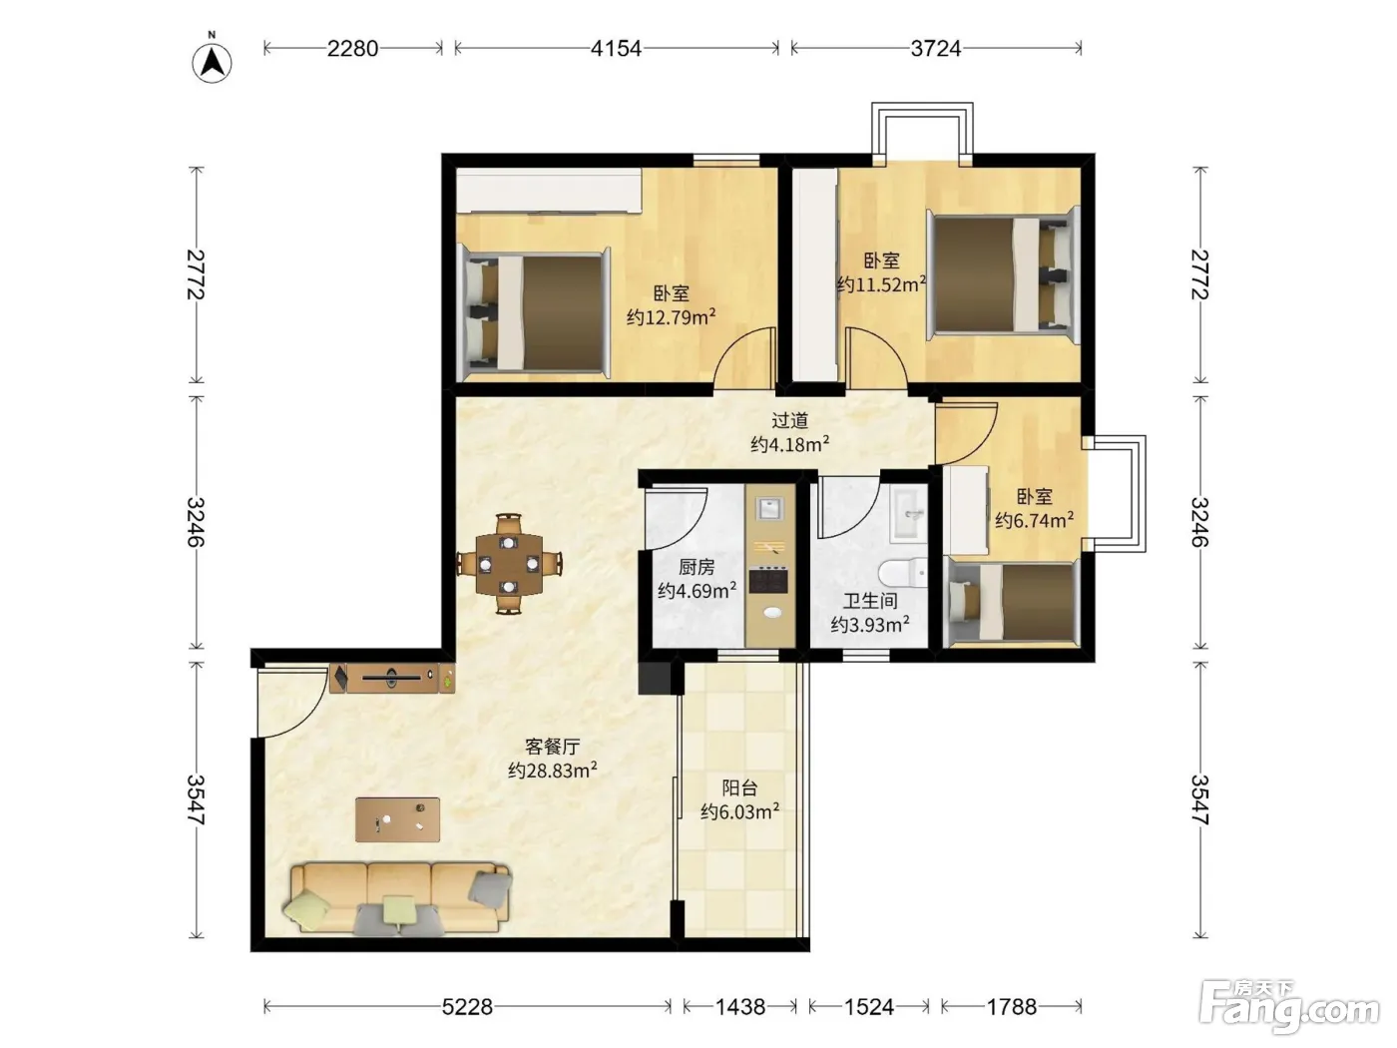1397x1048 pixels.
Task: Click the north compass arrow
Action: click(212, 62)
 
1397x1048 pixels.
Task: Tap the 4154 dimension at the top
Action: click(616, 48)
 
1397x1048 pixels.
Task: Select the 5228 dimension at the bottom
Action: click(467, 1006)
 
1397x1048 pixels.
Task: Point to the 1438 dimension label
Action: click(740, 1006)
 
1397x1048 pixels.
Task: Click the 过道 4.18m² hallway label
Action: click(790, 432)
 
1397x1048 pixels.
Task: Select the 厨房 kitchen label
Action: click(697, 566)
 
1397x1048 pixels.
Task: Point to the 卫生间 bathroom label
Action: click(870, 600)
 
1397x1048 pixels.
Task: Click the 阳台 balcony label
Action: click(739, 787)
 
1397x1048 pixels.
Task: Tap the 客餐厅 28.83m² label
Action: click(553, 759)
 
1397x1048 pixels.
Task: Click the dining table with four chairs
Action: click(509, 564)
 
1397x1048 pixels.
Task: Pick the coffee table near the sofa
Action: click(398, 819)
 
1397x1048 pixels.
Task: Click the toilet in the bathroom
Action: click(903, 572)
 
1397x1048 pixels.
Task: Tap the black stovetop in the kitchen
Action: click(768, 580)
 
